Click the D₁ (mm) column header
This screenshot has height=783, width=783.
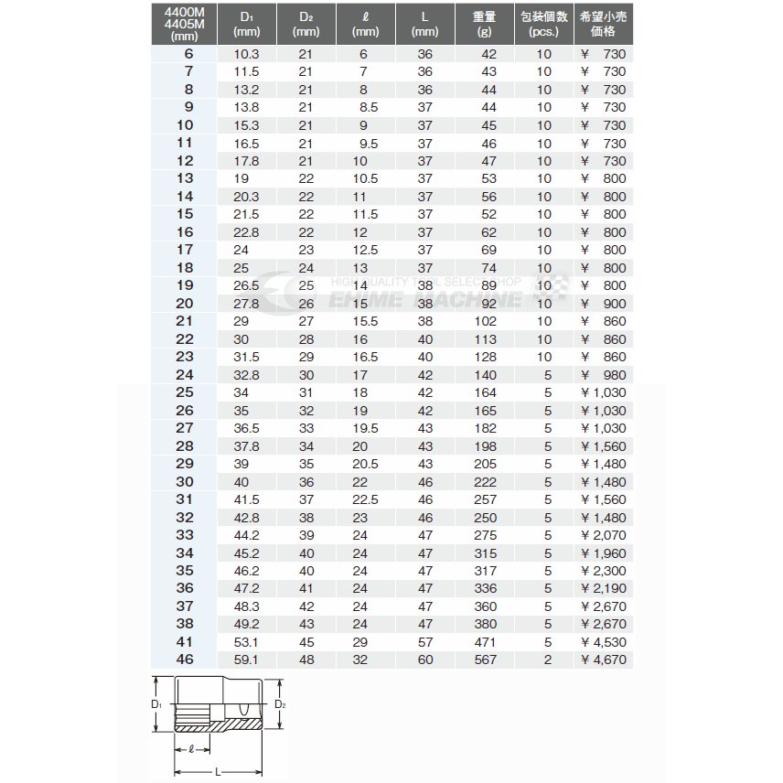tap(247, 24)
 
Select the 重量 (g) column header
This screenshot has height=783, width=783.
tap(485, 24)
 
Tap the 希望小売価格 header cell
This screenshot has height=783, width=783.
tap(604, 24)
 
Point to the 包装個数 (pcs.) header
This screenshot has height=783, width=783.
tap(543, 24)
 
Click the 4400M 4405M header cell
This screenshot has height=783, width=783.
tap(185, 24)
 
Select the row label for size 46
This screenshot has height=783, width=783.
tap(185, 660)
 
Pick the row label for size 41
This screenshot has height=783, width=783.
tap(185, 642)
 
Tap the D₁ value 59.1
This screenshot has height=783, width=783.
tap(247, 660)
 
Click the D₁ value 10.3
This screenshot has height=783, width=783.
tap(247, 54)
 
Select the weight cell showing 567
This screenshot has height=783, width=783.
tap(485, 660)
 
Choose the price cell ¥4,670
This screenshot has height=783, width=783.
tap(604, 660)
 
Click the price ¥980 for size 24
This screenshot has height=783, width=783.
tap(604, 375)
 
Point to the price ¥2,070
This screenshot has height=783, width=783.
tap(604, 535)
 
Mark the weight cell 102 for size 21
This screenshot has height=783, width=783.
tap(485, 322)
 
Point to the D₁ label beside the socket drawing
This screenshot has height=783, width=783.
tap(156, 704)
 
